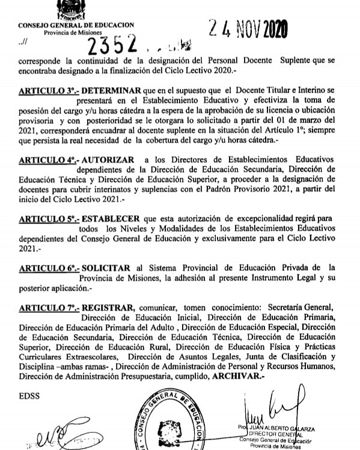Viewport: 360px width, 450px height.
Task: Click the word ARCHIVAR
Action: click(x=238, y=376)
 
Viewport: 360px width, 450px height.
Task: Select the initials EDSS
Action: click(x=28, y=398)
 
